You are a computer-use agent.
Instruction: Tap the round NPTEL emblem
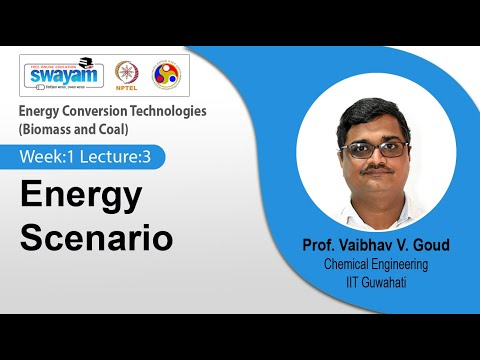127,75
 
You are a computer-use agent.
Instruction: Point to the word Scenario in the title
97,239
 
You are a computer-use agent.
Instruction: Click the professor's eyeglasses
374,149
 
